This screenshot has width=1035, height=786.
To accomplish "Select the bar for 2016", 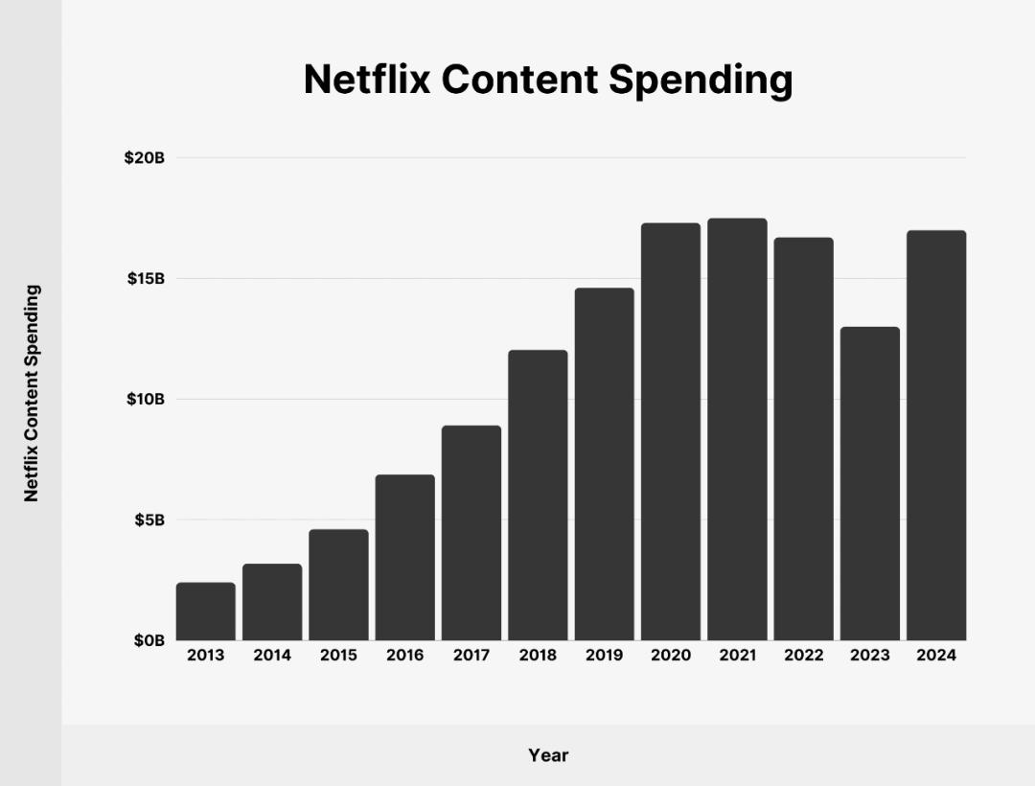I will [404, 558].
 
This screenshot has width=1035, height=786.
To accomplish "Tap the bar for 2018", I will [538, 496].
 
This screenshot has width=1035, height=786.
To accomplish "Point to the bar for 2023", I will [870, 484].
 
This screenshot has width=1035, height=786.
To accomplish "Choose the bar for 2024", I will [936, 435].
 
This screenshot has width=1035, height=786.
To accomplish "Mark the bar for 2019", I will [604, 464].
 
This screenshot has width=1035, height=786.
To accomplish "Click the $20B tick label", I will [145, 158].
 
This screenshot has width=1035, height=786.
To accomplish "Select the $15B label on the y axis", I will [145, 279].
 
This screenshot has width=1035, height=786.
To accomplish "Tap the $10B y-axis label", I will [145, 399].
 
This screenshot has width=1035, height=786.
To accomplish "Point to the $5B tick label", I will [149, 520].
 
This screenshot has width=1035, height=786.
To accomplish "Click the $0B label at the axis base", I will [149, 640].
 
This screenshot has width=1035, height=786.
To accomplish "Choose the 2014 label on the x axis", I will [272, 656].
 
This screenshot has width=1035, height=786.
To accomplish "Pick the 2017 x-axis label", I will [471, 656].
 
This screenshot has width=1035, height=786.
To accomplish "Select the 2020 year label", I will [671, 656].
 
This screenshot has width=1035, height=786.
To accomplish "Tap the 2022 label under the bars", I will [803, 656].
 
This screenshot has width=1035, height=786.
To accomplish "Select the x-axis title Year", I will [548, 755].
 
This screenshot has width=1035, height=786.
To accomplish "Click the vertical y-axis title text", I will [33, 393].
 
